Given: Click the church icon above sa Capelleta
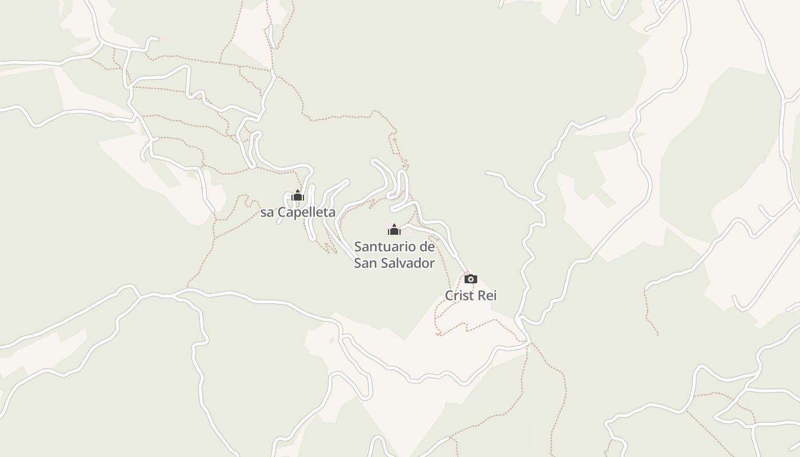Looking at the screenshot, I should point(297,196).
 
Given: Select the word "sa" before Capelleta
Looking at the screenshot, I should point(267,213).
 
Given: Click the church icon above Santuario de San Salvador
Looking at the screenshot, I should point(394,230).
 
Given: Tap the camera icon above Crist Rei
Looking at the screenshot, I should point(470,279).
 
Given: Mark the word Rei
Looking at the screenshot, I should point(488,295).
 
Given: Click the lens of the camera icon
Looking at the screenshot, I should point(470,279).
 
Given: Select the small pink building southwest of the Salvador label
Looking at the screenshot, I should point(331,340).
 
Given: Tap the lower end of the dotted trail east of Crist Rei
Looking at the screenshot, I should point(657,335).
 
